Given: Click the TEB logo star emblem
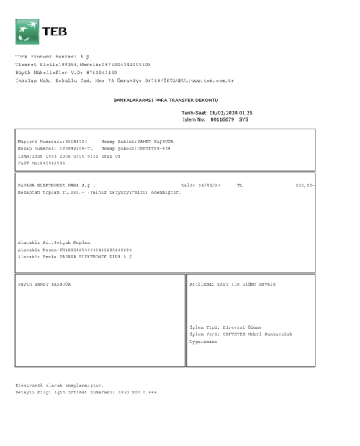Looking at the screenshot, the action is (26, 32).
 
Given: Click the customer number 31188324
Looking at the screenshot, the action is (74, 142).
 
